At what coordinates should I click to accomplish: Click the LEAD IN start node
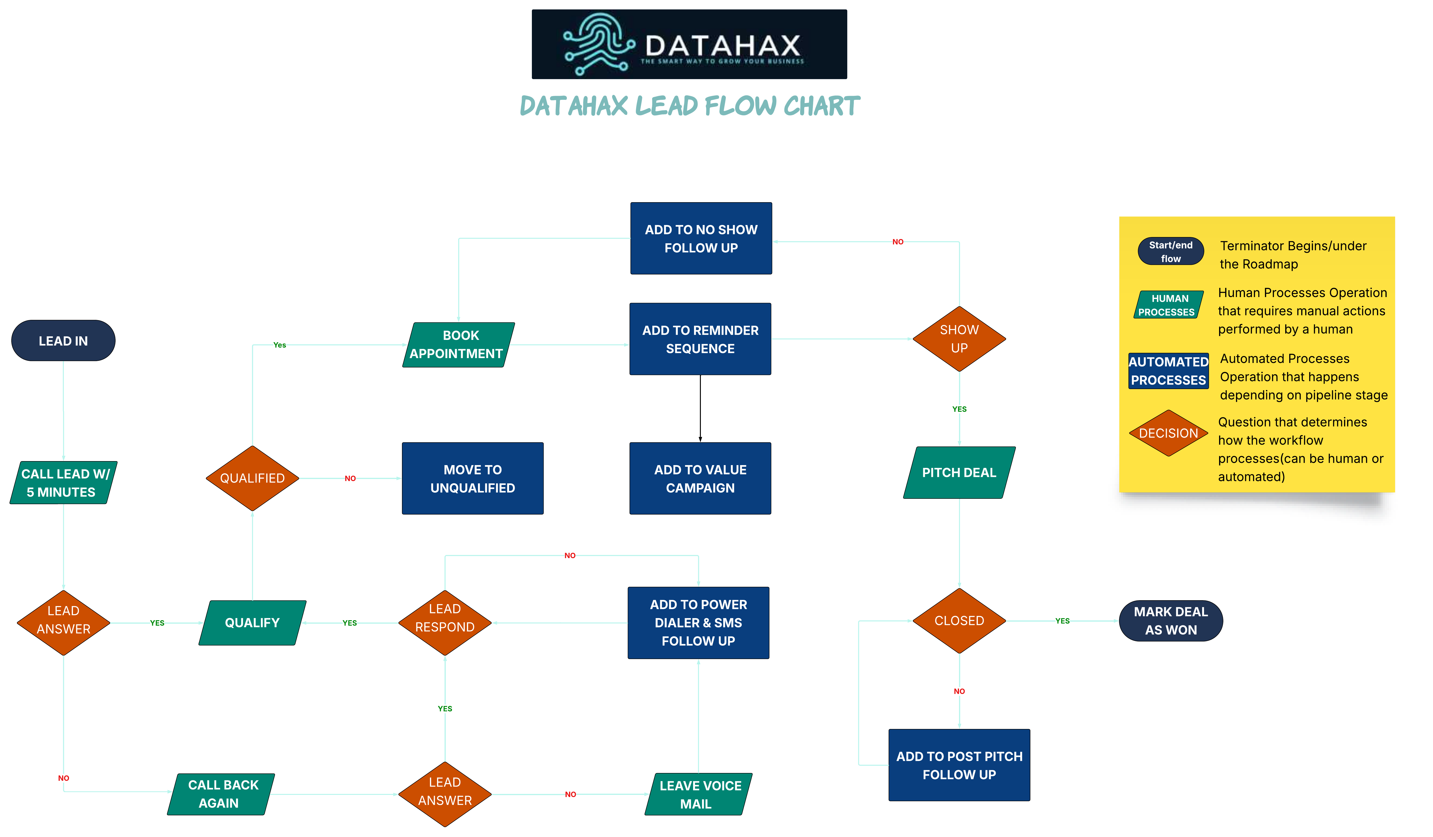tap(63, 341)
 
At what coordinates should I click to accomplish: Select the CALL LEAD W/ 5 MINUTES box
tap(63, 483)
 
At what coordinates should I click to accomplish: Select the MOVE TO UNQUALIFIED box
tap(473, 478)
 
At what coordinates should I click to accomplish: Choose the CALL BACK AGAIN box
tap(221, 794)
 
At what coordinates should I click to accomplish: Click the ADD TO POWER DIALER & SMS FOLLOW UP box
tap(698, 623)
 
